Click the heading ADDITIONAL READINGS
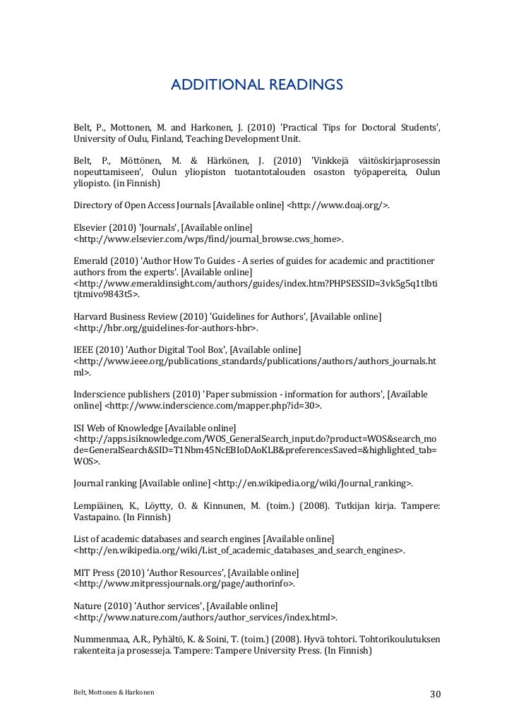coord(257,86)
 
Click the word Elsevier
coord(90,228)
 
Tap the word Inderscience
coord(100,394)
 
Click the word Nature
coord(88,605)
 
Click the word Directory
coord(95,206)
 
